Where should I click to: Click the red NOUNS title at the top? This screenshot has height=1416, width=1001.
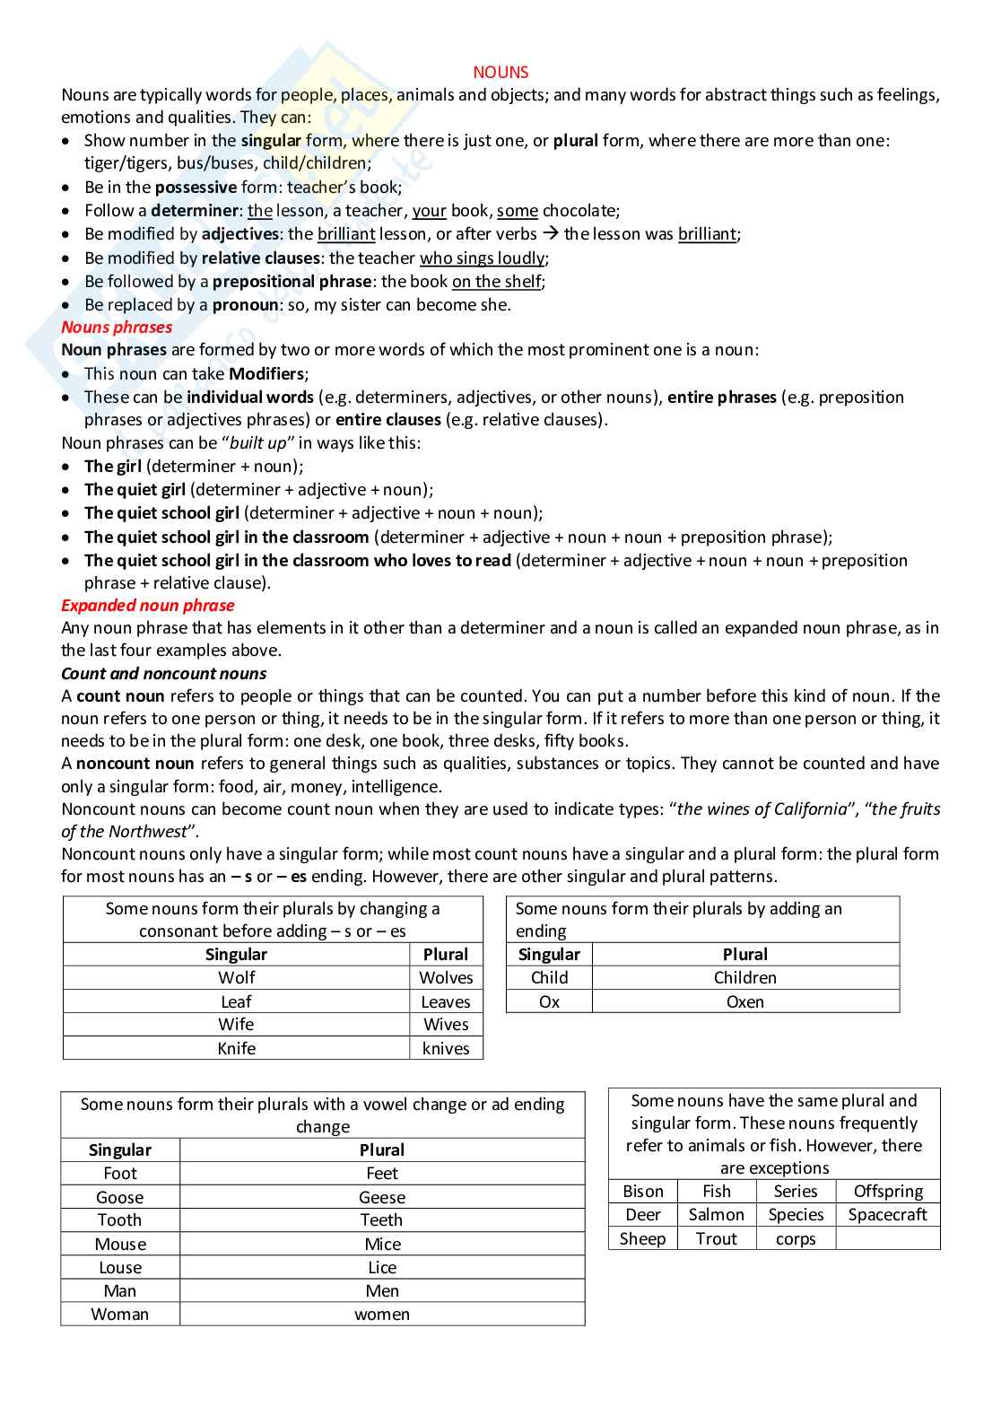[501, 73]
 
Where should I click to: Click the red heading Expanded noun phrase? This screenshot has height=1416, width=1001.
[147, 606]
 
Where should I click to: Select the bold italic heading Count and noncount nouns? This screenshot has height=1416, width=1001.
[163, 674]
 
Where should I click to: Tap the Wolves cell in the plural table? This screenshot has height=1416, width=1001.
[446, 978]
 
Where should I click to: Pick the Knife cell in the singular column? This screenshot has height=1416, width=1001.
[237, 1049]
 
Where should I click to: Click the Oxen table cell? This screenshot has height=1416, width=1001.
[745, 1002]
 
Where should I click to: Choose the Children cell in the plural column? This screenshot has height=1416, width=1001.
[745, 978]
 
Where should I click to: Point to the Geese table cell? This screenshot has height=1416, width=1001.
[382, 1198]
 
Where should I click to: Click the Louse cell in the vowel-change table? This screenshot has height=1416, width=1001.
[120, 1268]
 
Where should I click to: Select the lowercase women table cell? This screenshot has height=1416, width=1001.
[382, 1315]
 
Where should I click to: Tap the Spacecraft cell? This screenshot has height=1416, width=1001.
[887, 1215]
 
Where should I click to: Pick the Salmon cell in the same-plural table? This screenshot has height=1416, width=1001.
[716, 1215]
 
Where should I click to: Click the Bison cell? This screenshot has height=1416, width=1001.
[643, 1192]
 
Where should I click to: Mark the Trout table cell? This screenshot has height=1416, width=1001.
[716, 1239]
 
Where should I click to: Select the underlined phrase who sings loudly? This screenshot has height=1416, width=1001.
[482, 258]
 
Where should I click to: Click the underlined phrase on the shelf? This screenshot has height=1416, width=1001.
[496, 282]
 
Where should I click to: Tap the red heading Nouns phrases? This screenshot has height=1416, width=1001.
[117, 328]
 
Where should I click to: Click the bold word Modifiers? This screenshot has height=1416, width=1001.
[266, 374]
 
